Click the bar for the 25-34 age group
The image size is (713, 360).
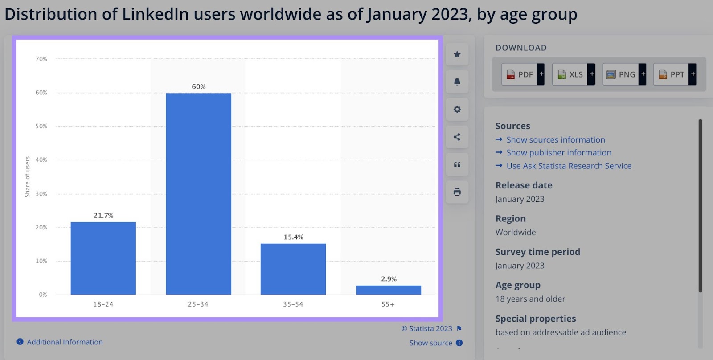198,194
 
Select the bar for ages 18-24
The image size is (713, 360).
103,258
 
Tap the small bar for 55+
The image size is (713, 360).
388,290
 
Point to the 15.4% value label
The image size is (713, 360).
293,237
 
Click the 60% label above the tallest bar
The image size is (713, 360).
199,86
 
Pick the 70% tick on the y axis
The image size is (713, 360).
41,59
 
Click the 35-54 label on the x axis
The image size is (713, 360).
293,304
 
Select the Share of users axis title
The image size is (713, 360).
27,177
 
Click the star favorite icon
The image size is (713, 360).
457,54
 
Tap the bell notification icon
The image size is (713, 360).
457,82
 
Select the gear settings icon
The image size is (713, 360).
457,110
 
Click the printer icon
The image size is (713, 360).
457,192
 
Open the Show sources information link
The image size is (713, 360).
555,140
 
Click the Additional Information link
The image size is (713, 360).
64,342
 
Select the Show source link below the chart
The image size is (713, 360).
430,343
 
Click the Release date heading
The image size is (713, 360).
524,185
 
